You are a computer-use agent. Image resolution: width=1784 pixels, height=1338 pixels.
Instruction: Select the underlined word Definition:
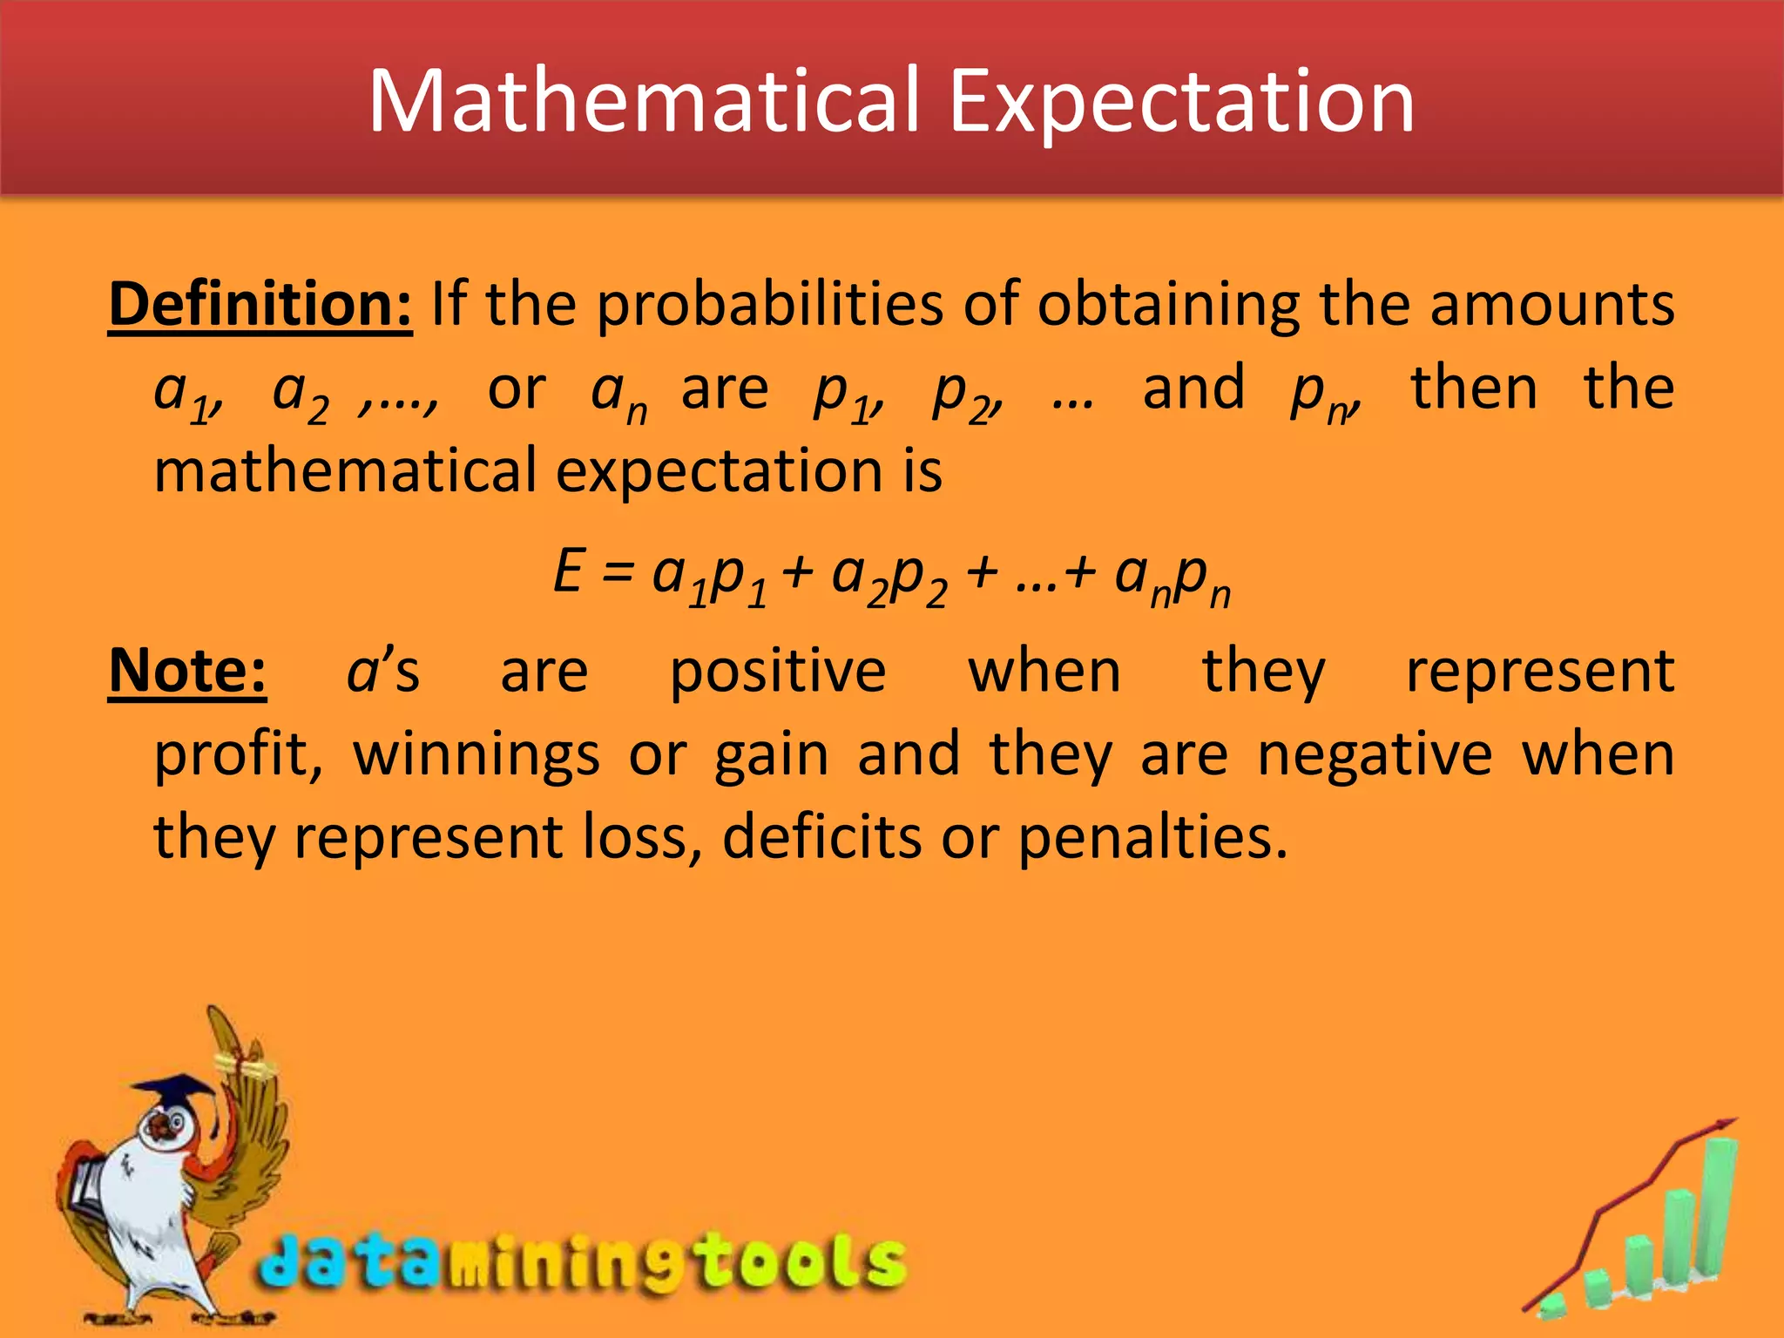pyautogui.click(x=260, y=305)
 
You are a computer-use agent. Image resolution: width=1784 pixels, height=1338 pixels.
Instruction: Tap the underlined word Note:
pyautogui.click(x=187, y=672)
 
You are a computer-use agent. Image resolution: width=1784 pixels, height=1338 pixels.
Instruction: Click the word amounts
pyautogui.click(x=1551, y=305)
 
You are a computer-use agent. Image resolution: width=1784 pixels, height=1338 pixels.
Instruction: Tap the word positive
pyautogui.click(x=778, y=672)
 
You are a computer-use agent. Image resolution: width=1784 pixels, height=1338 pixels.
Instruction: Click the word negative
pyautogui.click(x=1375, y=754)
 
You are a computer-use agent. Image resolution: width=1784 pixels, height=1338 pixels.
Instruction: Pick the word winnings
pyautogui.click(x=476, y=754)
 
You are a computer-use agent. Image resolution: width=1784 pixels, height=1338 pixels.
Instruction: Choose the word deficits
pyautogui.click(x=821, y=837)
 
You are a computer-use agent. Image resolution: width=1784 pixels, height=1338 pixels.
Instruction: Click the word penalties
pyautogui.click(x=1152, y=837)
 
